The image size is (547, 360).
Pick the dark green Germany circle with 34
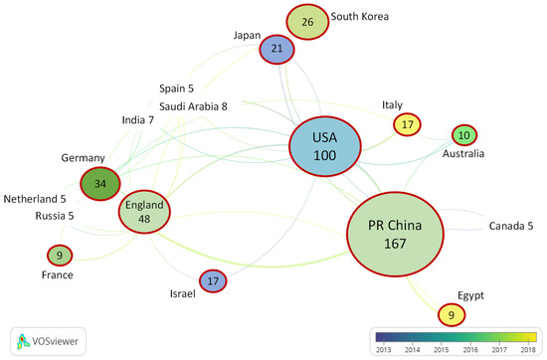click(x=99, y=183)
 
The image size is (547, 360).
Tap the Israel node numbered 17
click(x=213, y=282)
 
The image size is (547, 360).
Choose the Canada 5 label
click(x=511, y=227)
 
